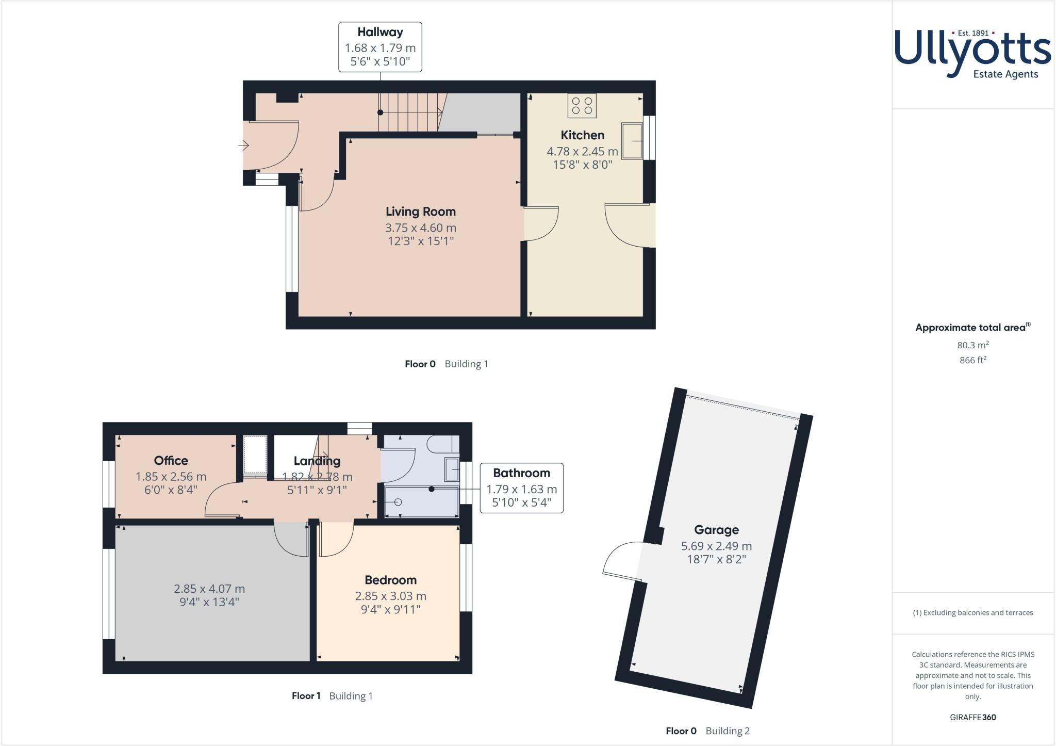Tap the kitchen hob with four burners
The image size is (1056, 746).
[x=582, y=106]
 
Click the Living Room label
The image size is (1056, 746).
[x=421, y=212]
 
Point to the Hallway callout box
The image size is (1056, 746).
[x=380, y=47]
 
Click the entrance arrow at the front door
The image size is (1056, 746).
[x=243, y=146]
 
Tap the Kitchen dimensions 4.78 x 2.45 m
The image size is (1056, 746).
[x=582, y=152]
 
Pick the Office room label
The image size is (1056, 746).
[x=171, y=461]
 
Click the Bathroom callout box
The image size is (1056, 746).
[x=521, y=488]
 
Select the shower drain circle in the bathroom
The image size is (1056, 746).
[x=398, y=502]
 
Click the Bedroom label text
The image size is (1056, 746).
[x=390, y=580]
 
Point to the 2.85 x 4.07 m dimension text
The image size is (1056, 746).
[x=209, y=589]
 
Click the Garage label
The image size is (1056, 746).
[x=716, y=530]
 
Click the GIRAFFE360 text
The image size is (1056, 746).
[x=973, y=717]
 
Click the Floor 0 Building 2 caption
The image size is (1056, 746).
[x=707, y=731]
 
